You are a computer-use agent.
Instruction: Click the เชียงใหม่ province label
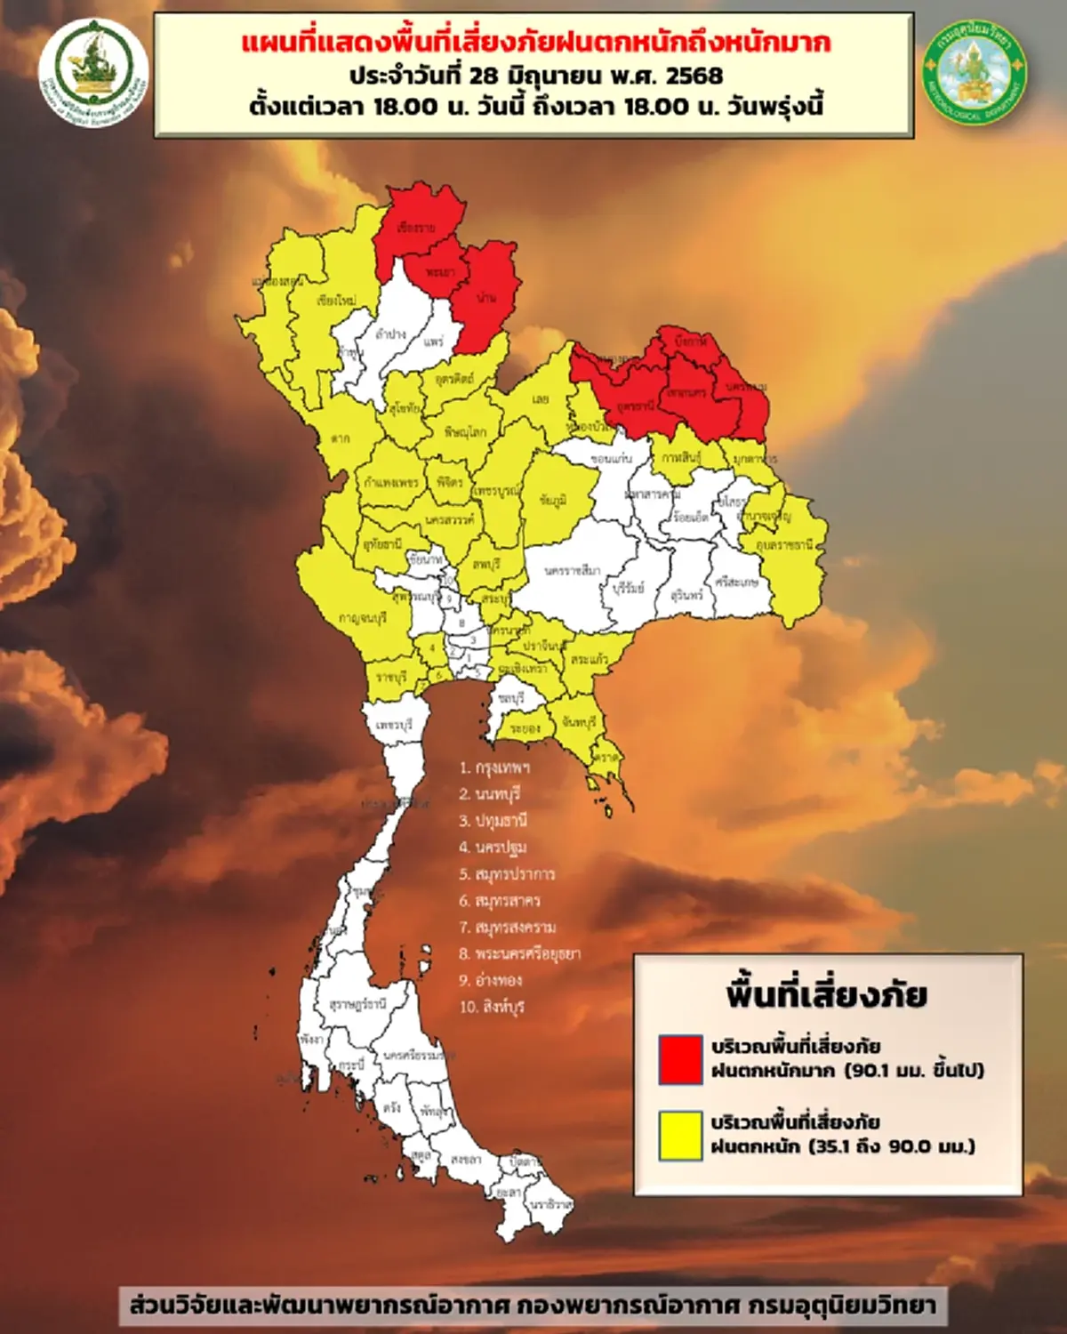(x=336, y=301)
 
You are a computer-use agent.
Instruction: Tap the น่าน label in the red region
(x=486, y=297)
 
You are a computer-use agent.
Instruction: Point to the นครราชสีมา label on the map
(x=573, y=569)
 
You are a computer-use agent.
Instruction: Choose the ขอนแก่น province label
(x=611, y=458)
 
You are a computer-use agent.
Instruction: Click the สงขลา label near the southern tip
(x=466, y=1160)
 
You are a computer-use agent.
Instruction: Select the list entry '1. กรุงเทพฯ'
(x=495, y=767)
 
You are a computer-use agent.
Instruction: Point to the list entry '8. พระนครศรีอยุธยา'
(x=520, y=953)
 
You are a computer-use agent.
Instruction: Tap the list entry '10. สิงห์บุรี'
(x=493, y=1007)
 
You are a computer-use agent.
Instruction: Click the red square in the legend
(x=680, y=1058)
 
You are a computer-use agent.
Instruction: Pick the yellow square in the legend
(x=680, y=1135)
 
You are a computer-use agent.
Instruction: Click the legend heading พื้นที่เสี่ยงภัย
(x=827, y=993)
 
